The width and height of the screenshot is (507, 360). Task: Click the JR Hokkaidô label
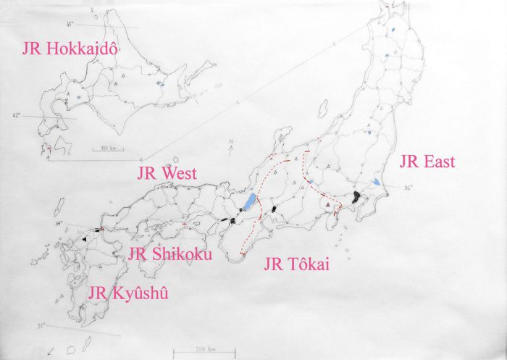(70, 49)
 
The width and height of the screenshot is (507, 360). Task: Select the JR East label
(427, 162)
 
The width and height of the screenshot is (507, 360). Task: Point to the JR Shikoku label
(169, 254)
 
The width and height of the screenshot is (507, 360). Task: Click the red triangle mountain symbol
(330, 206)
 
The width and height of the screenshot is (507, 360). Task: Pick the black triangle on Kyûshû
(85, 238)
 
